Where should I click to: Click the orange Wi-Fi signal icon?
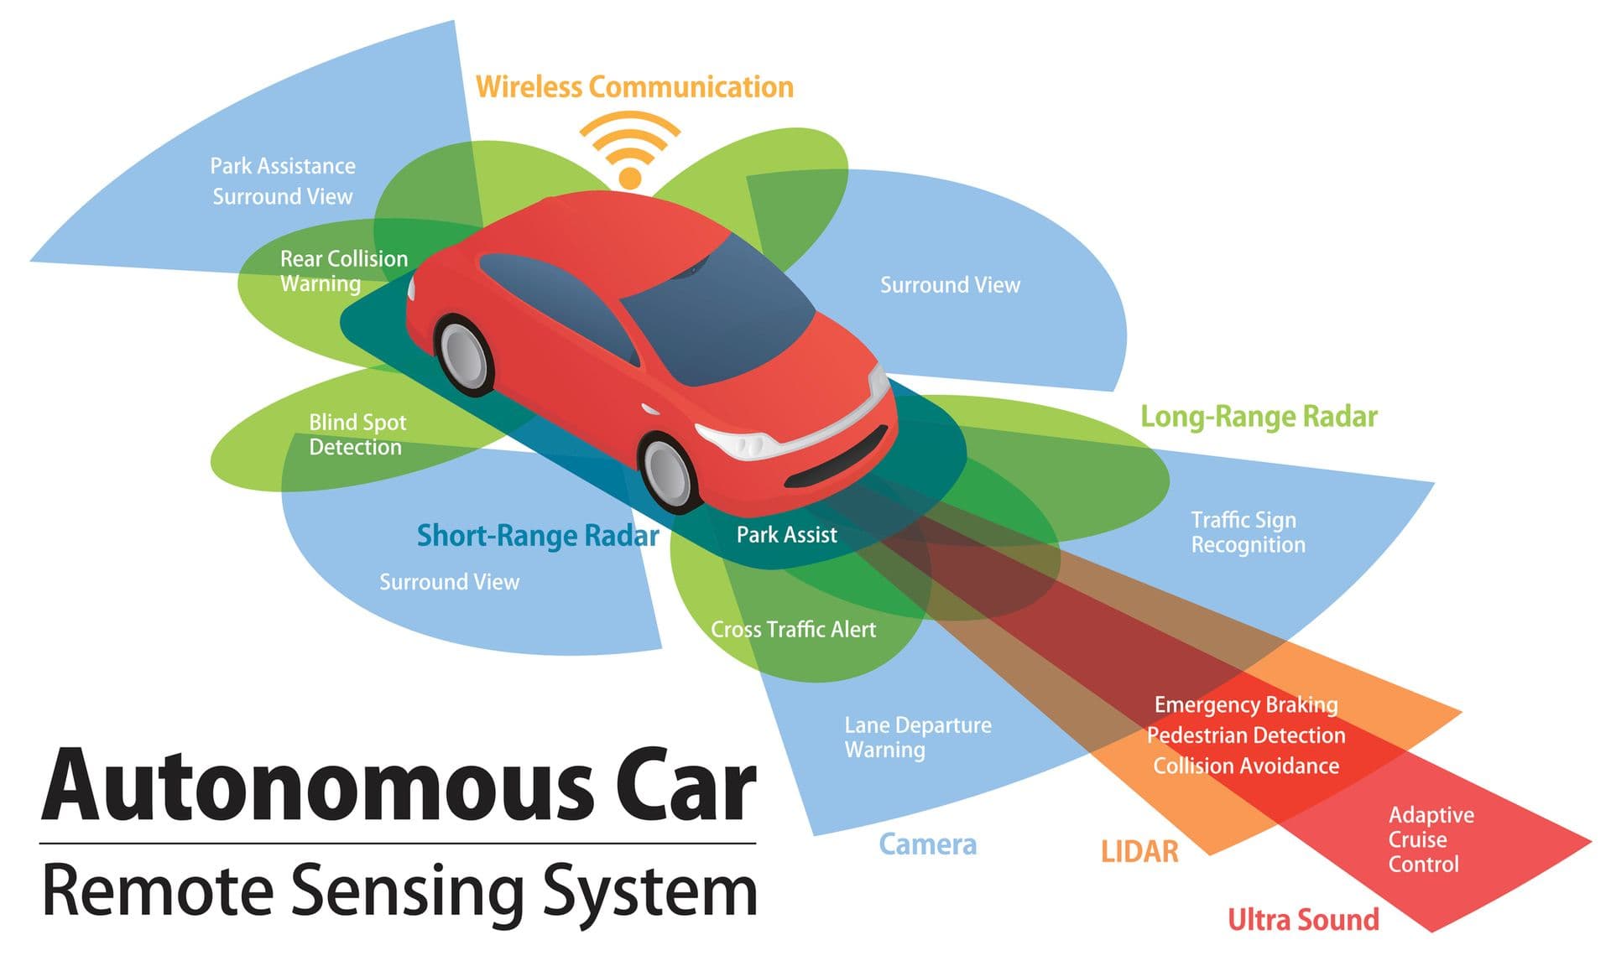(629, 151)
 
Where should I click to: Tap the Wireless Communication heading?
(634, 86)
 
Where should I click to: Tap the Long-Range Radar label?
(1259, 417)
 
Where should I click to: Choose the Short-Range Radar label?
(538, 535)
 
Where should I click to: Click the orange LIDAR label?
(1139, 851)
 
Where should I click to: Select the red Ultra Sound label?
(1303, 919)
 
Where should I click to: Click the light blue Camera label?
(927, 844)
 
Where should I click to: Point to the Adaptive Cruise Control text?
(1431, 839)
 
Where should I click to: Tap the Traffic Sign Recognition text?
(1248, 532)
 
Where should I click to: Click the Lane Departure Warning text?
(918, 737)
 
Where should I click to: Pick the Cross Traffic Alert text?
(793, 629)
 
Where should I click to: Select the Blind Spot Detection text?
(357, 434)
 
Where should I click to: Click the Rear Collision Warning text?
(344, 271)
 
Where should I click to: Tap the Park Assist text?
(786, 534)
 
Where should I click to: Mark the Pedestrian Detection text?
(1246, 735)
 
